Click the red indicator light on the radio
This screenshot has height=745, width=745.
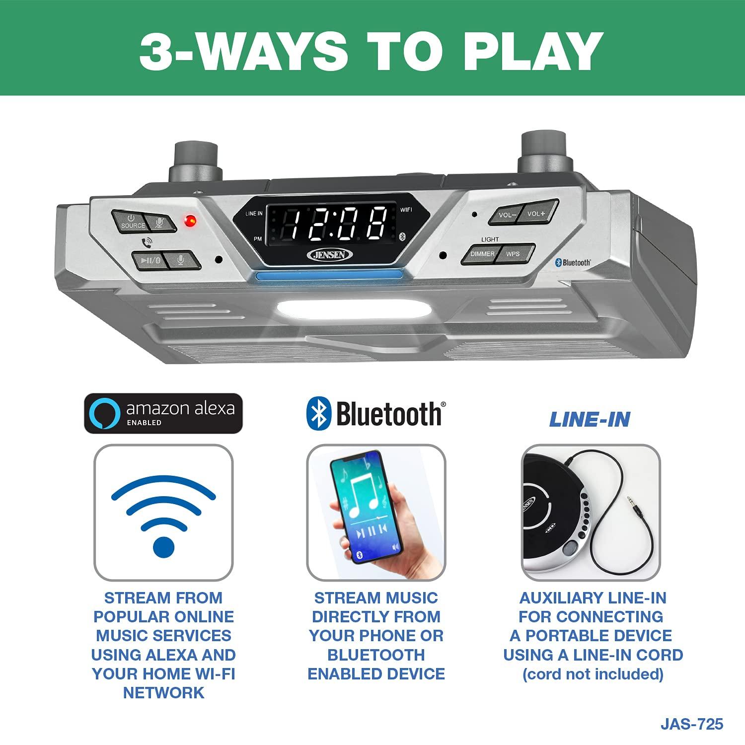tap(190, 221)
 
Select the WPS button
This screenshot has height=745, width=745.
tap(514, 254)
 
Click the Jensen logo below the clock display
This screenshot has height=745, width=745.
tap(331, 254)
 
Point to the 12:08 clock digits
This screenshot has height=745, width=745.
tap(331, 223)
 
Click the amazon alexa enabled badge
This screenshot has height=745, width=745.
tap(163, 413)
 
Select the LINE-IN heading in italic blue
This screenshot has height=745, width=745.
tap(590, 420)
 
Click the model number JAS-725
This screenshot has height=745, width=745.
tap(691, 724)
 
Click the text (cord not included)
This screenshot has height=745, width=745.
tap(593, 674)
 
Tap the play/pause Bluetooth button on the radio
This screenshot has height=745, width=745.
tap(149, 260)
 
